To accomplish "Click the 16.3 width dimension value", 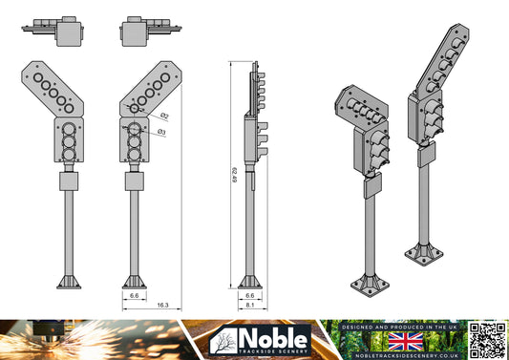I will (162, 305).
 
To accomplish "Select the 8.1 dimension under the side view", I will (249, 306).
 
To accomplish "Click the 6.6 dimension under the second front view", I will (135, 296).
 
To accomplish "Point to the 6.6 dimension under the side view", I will (249, 296).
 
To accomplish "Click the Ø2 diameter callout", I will (164, 116).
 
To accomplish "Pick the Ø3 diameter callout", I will (162, 131).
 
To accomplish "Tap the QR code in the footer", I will (488, 341).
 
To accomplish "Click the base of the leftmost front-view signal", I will (71, 282).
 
